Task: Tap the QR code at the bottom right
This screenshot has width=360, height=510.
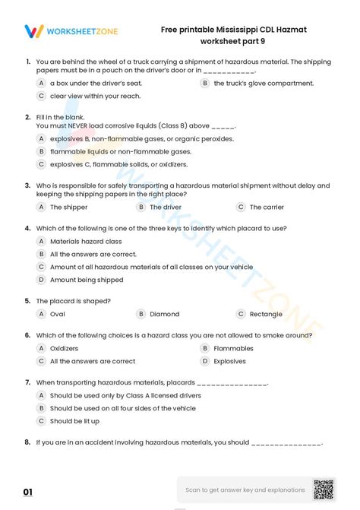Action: (x=324, y=489)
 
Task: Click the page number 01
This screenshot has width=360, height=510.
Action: (x=28, y=492)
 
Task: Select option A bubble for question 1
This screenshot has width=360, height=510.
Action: (x=41, y=84)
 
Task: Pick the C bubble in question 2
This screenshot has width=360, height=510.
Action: (x=41, y=164)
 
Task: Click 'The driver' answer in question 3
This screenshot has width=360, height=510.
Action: (x=166, y=207)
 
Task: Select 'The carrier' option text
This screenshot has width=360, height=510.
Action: (x=267, y=207)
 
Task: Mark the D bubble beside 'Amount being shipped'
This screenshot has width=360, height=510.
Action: (x=41, y=280)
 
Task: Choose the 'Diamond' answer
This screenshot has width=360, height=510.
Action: (x=165, y=314)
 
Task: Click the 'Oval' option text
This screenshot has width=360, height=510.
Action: (x=58, y=314)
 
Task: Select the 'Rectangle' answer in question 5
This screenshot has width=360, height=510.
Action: (x=266, y=314)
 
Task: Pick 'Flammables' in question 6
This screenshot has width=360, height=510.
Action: (x=233, y=348)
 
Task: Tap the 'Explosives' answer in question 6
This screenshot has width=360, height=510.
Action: (x=229, y=361)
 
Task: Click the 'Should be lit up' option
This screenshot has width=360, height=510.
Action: (x=74, y=421)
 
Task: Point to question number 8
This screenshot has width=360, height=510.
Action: (x=27, y=442)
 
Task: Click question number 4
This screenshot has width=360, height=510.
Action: (x=27, y=227)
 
